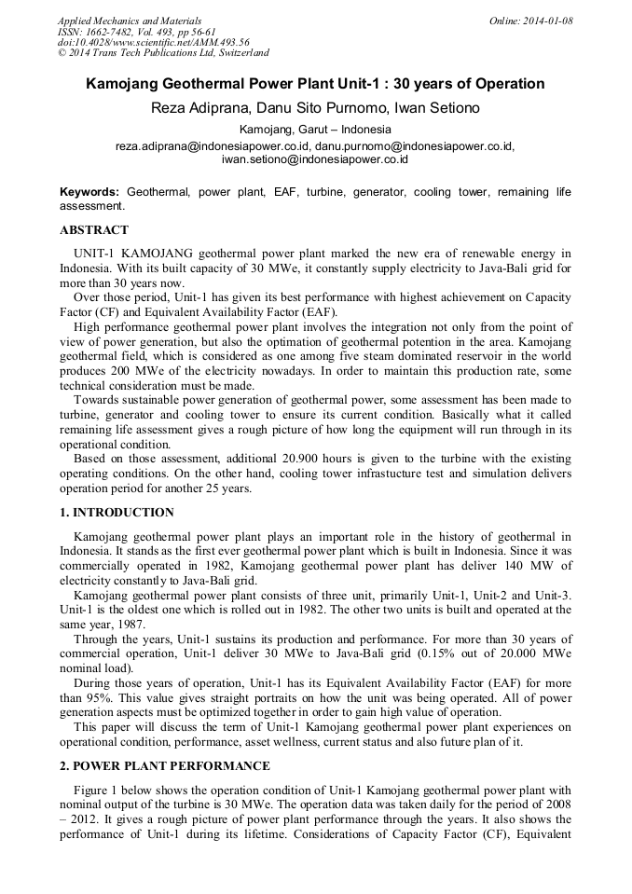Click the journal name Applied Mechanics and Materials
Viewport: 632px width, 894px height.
pos(129,21)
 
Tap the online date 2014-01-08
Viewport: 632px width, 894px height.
pos(543,21)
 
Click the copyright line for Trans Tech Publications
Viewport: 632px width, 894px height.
pos(163,53)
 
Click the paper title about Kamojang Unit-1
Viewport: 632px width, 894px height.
pos(315,84)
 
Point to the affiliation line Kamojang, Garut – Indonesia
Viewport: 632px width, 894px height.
pos(315,130)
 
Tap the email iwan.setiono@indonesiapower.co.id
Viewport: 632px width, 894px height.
pos(315,159)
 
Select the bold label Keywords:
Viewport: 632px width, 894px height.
pos(89,191)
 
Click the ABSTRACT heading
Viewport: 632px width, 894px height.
pos(94,229)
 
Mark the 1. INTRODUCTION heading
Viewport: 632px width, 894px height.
pos(117,513)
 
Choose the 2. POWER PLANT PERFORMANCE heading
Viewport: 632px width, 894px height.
pos(165,766)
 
